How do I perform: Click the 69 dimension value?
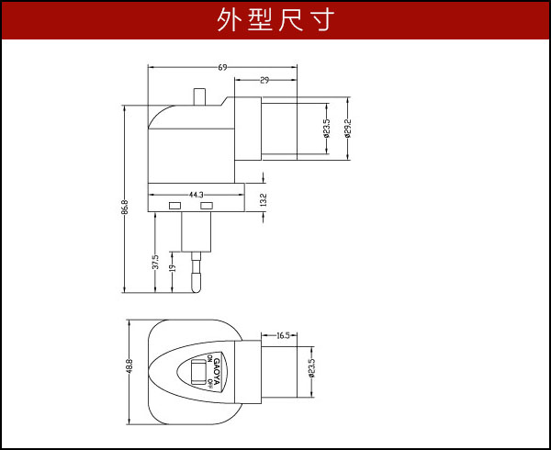point(223,67)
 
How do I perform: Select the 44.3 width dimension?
point(195,195)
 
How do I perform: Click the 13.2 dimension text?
point(264,199)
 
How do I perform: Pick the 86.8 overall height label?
point(125,206)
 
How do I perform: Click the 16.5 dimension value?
point(282,335)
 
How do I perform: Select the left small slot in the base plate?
point(174,204)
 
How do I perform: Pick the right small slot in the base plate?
point(208,204)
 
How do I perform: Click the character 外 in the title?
point(231,19)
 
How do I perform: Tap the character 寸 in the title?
point(319,19)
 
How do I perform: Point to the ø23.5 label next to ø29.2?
point(327,128)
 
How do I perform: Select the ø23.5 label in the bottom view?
point(311,369)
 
